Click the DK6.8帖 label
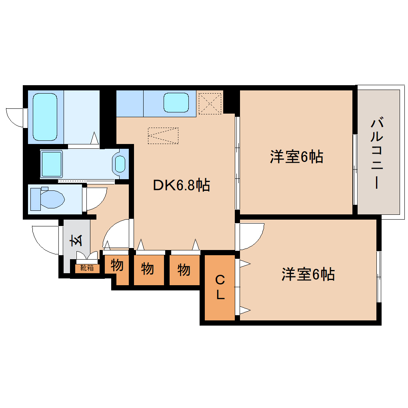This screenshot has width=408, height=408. pos(181,185)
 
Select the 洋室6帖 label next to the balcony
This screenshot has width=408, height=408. pos(296,157)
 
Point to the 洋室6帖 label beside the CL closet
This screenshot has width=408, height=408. pos(308,274)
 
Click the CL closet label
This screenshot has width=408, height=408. pos(220,288)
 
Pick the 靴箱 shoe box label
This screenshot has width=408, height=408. pos(87,268)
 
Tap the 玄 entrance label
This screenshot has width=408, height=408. pos(77,240)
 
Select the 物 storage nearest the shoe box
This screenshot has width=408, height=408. pos(117,266)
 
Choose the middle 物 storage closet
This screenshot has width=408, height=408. pos(148,269)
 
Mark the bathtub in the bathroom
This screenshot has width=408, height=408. pos(45,117)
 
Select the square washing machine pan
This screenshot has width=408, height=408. pos(52,164)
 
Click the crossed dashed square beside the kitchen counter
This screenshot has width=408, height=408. pos(210,103)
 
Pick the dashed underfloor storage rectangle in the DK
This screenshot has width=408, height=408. pos(163,136)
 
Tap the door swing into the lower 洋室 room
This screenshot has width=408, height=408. pos(252,235)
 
